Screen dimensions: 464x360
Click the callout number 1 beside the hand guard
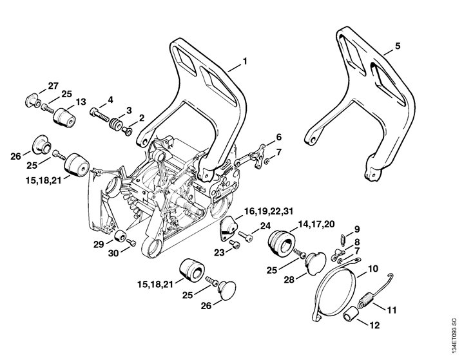tap(245, 61)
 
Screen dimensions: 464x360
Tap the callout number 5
tap(398, 46)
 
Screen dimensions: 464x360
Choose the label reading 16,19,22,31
tap(268, 211)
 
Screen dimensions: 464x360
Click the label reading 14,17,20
tap(317, 224)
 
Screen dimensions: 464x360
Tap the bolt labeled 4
tap(100, 116)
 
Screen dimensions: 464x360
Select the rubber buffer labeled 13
tap(64, 118)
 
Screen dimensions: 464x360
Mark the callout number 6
tap(278, 138)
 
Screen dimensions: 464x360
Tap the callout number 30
tap(113, 253)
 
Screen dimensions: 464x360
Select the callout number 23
tap(220, 252)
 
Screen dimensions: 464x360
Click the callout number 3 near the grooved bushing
tap(129, 111)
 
